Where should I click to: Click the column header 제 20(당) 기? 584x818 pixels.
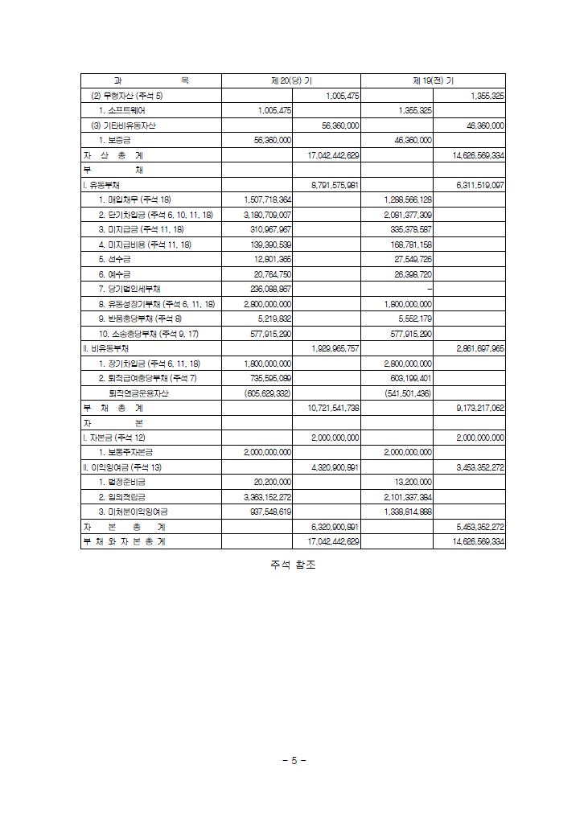(291, 80)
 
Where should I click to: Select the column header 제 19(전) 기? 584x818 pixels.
(433, 80)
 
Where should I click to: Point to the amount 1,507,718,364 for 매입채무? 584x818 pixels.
(267, 199)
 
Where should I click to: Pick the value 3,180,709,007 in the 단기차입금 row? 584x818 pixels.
(267, 215)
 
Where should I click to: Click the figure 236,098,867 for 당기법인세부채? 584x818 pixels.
(271, 289)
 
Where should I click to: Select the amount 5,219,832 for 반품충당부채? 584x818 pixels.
(274, 319)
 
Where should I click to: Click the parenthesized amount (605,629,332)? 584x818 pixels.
(267, 393)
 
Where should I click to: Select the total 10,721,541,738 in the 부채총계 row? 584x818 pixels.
(333, 408)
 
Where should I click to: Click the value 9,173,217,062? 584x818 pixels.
(480, 408)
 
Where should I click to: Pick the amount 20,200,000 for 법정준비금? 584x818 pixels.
(273, 482)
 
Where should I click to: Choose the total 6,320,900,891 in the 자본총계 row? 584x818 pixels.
(335, 527)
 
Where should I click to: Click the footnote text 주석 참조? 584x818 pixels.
(293, 565)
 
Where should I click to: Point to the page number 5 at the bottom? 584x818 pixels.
(294, 760)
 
